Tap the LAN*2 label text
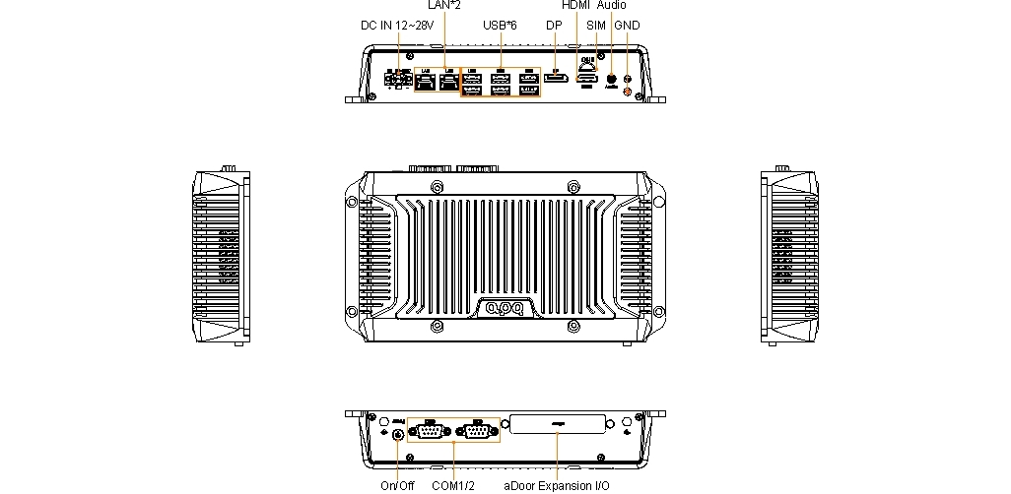444,5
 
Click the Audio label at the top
611,5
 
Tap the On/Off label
397,485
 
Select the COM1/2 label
453,485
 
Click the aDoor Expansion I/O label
557,485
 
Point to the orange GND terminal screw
628,90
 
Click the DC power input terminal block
398,81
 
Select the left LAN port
426,83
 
